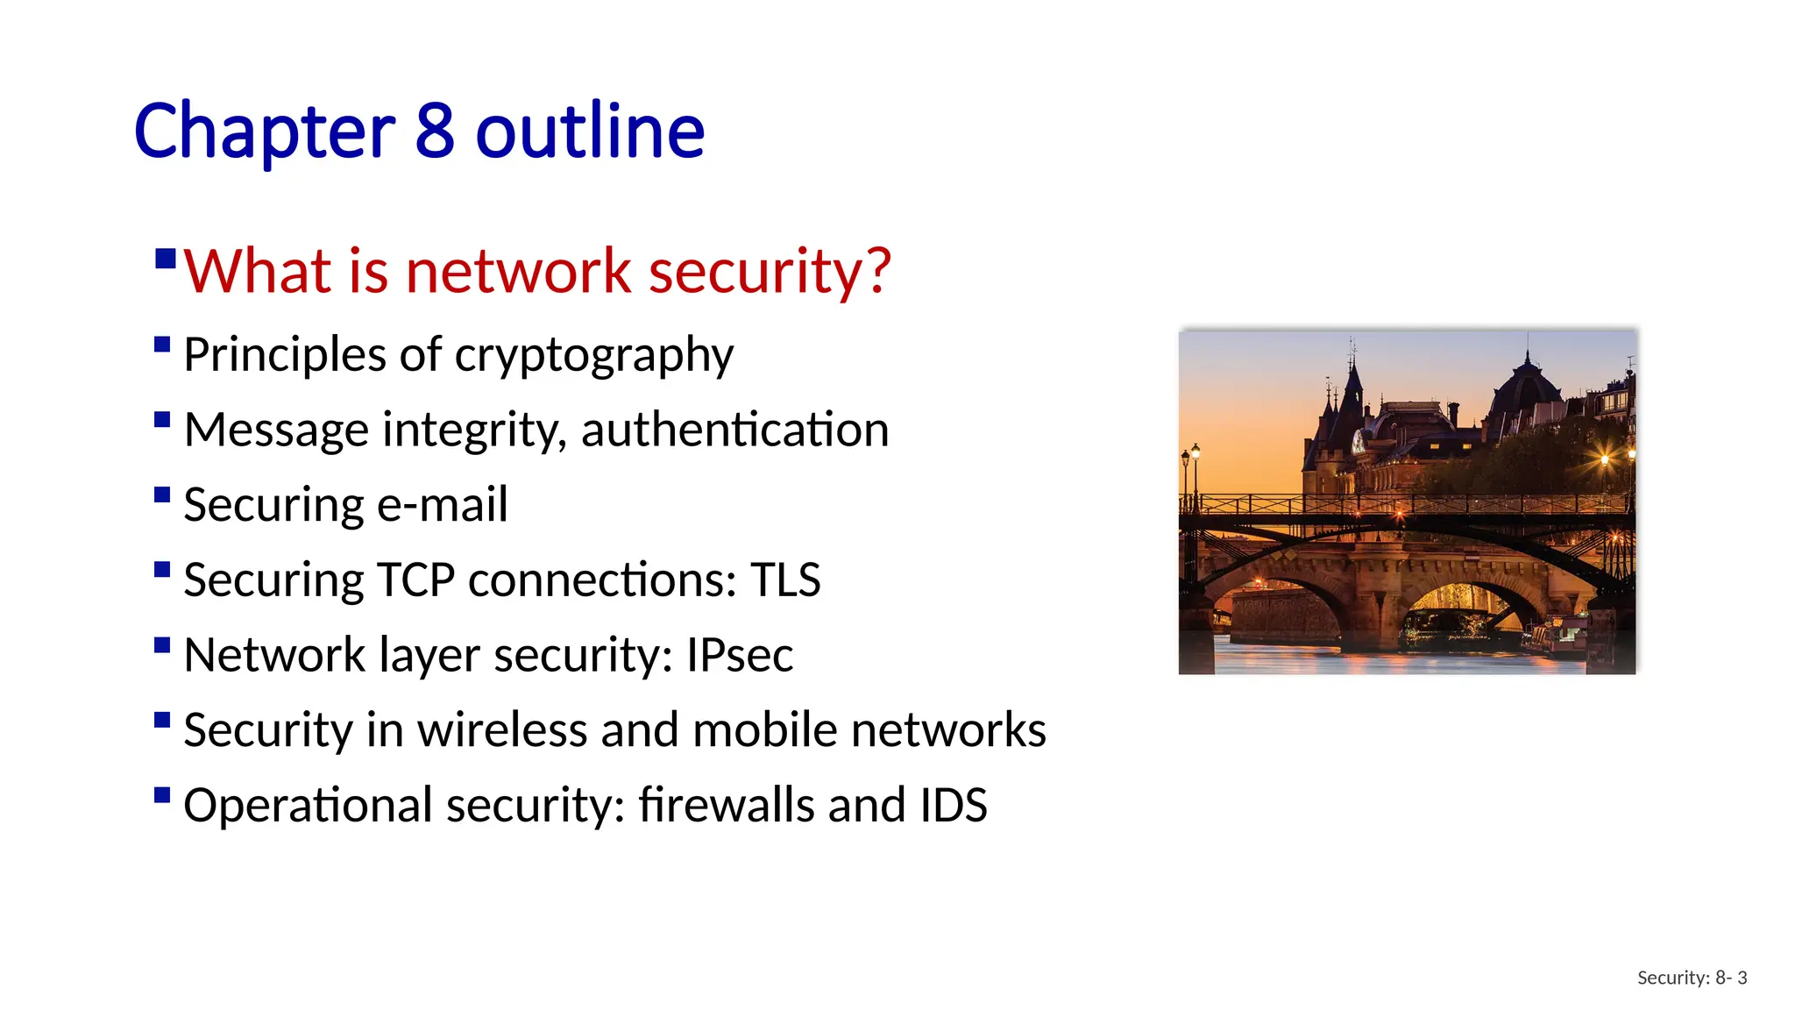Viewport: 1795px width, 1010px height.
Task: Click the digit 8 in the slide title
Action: click(x=434, y=131)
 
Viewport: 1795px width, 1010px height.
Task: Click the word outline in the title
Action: click(x=590, y=131)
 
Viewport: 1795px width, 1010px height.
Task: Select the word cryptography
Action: click(x=593, y=356)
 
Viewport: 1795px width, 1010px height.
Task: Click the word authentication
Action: click(x=734, y=430)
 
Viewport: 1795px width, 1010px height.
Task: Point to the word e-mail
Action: click(x=442, y=505)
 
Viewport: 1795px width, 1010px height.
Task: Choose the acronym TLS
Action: click(x=785, y=580)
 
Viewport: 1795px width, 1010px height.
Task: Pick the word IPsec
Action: click(x=740, y=655)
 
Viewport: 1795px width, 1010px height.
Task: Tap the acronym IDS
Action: click(x=954, y=805)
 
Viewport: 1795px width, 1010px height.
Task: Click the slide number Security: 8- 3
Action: click(x=1692, y=978)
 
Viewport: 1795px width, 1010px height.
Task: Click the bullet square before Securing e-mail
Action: click(x=162, y=494)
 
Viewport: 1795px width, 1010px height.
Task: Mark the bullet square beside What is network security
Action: click(x=166, y=259)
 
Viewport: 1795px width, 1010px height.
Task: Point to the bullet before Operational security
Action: click(x=162, y=795)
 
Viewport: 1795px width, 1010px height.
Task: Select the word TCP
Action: click(x=416, y=580)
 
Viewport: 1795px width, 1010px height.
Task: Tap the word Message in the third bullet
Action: click(x=277, y=430)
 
